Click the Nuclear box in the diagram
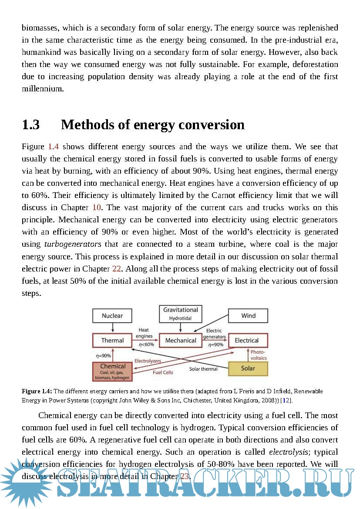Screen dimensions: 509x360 pos(112,316)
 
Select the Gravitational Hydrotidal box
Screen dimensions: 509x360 pos(181,314)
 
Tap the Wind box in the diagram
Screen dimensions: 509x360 pos(248,316)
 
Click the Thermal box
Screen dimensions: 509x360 pos(112,340)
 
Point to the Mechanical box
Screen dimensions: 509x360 pos(181,340)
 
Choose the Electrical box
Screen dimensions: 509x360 pos(247,340)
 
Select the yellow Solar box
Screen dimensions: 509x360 pos(248,368)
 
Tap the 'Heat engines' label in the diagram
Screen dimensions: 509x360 pos(144,333)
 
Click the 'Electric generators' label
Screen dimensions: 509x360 pos(214,334)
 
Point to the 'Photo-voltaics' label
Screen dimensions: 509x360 pos(259,355)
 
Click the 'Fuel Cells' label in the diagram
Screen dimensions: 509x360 pos(163,372)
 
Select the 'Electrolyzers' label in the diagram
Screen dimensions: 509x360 pos(148,361)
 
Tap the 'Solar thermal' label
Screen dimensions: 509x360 pos(203,369)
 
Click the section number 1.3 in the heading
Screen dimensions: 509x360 pos(31,125)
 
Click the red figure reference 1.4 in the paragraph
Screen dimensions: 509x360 pos(53,147)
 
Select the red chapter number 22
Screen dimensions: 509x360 pos(117,268)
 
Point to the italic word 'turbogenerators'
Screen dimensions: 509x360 pos(73,244)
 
